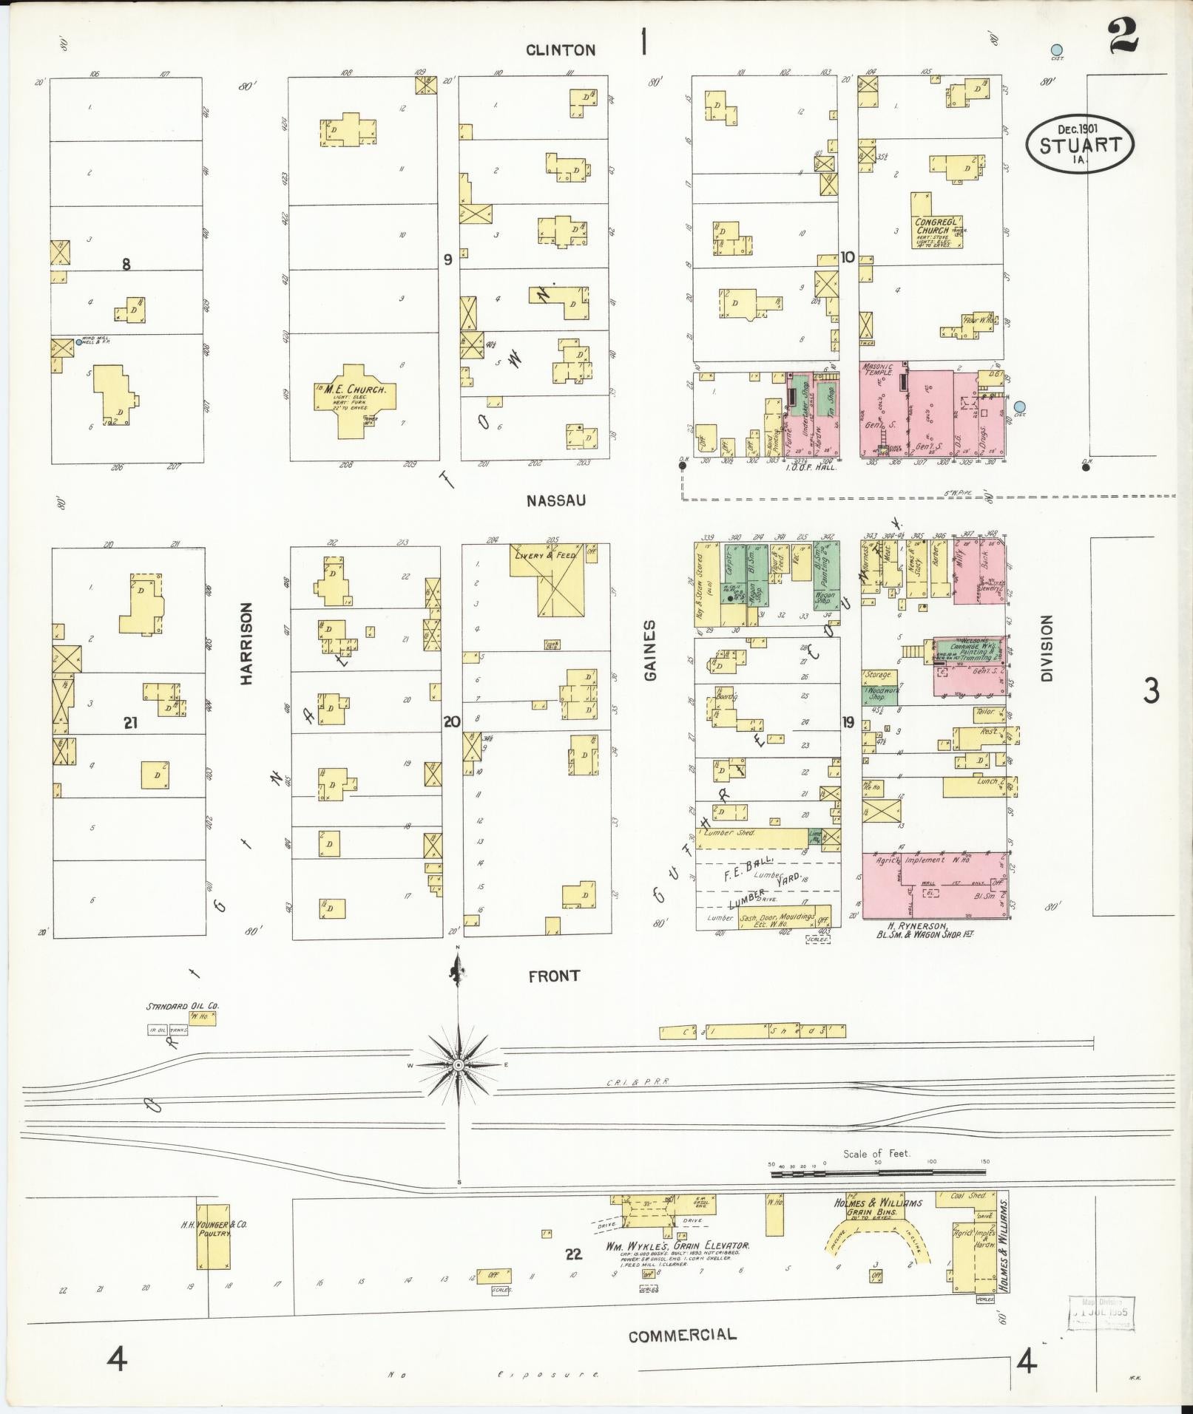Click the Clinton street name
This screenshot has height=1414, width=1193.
pos(561,50)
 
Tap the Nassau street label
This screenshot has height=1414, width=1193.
pos(555,500)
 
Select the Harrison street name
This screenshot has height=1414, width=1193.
pos(246,642)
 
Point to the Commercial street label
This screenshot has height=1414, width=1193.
pos(682,1335)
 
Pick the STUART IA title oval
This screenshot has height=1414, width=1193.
pos(1079,143)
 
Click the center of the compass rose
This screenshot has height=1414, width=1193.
pos(459,1065)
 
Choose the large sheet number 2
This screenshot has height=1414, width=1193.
pos(1123,37)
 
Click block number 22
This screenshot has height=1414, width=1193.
pos(573,1254)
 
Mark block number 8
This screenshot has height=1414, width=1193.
pos(126,264)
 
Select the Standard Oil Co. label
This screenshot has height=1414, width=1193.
pos(182,1006)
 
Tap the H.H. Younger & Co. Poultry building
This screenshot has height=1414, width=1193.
pos(213,1231)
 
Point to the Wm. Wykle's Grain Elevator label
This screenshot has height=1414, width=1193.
pos(677,1245)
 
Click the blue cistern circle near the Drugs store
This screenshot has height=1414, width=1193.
pos(1020,407)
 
